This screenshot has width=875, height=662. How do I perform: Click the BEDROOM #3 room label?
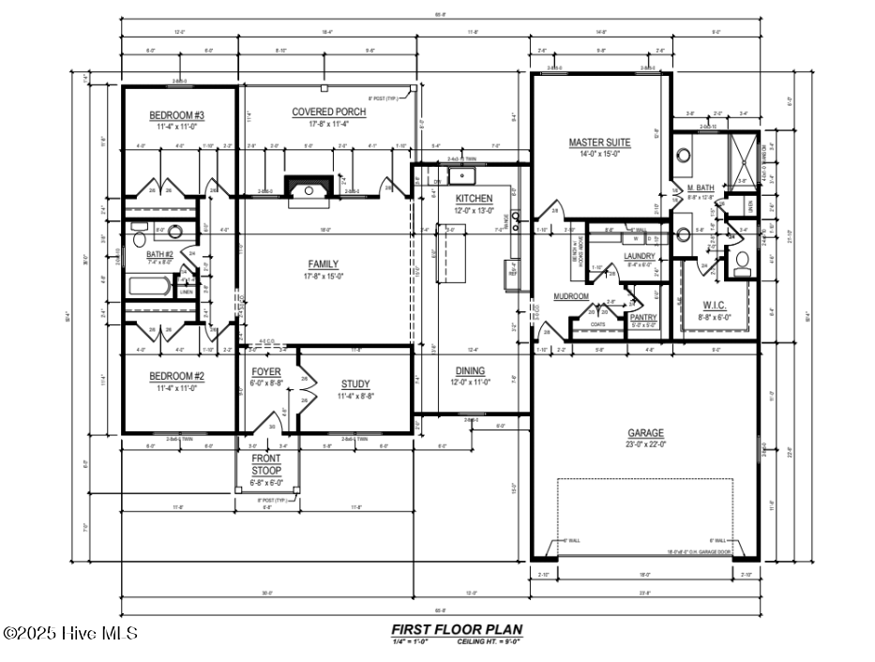click(177, 115)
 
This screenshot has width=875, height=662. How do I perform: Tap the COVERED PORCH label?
click(328, 112)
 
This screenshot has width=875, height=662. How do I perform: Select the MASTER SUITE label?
click(599, 143)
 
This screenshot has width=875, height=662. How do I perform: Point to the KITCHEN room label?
click(474, 199)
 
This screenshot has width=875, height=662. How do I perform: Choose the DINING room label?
click(470, 370)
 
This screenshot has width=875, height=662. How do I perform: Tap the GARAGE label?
click(645, 432)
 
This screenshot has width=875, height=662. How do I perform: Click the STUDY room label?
click(355, 384)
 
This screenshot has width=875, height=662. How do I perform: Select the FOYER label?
click(266, 371)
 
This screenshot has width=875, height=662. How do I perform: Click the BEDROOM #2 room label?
click(177, 376)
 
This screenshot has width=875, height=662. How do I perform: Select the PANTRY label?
click(643, 318)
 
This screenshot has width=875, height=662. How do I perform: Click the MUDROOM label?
click(570, 296)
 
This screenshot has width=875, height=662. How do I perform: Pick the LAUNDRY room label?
click(639, 256)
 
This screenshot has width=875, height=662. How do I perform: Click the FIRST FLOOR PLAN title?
click(456, 629)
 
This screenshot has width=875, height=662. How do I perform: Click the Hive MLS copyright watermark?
click(70, 634)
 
